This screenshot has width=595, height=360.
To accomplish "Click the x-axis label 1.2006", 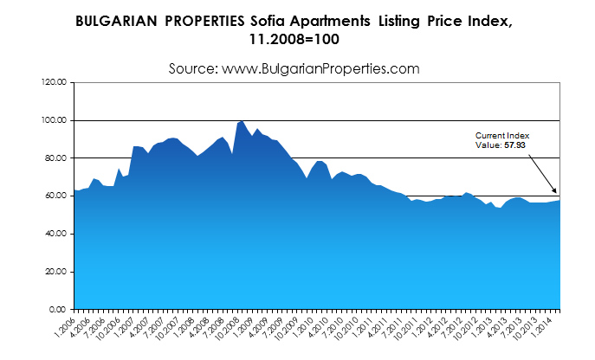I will click(65, 326).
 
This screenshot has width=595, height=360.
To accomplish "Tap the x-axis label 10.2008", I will click(230, 328).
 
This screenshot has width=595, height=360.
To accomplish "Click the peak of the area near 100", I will click(242, 121).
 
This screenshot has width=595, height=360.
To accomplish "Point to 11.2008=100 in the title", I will click(297, 40).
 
